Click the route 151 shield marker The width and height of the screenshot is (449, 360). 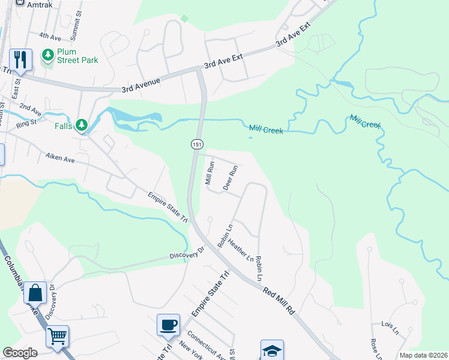click(x=197, y=144)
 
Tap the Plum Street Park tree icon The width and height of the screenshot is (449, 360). click(x=48, y=56)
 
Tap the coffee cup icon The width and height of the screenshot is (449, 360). click(x=168, y=325)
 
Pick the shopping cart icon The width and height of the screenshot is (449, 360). click(x=58, y=337)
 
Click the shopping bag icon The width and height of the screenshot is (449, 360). click(x=35, y=293)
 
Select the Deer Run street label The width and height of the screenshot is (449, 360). click(x=231, y=178)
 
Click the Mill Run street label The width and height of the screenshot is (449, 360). click(x=210, y=172)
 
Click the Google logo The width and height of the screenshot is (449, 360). click(x=20, y=353)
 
